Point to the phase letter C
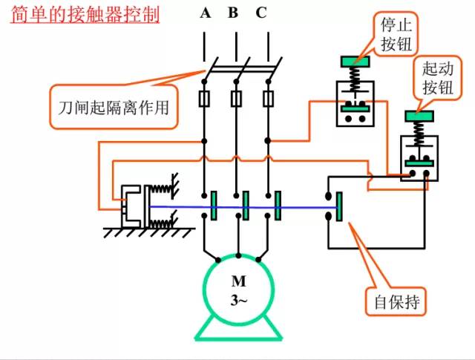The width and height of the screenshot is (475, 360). click(x=261, y=13)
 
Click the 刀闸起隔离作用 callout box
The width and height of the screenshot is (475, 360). click(x=114, y=106)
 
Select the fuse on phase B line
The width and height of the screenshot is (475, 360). click(x=236, y=99)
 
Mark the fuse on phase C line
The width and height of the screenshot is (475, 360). click(x=269, y=99)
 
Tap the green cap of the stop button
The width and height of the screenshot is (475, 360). click(x=356, y=61)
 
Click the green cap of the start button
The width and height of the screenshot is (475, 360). click(x=419, y=115)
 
